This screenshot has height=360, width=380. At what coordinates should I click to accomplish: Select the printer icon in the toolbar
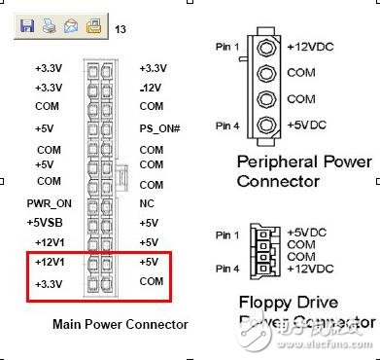(49, 28)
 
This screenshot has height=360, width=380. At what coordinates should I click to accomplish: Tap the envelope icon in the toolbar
(71, 28)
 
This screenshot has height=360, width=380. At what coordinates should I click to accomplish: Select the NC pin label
(146, 203)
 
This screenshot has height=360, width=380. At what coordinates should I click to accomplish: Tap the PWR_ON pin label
(48, 203)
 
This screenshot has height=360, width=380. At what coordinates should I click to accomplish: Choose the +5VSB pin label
(48, 223)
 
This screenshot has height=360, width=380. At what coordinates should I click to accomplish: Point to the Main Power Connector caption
(121, 324)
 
